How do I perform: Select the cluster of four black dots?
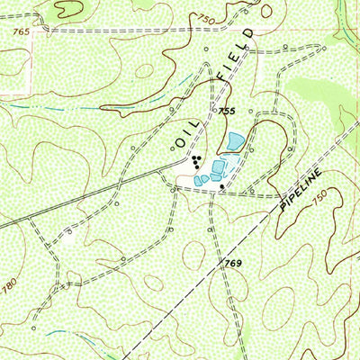195,162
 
